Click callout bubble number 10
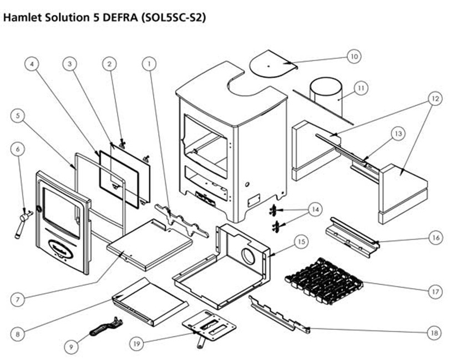point(354,57)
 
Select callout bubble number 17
point(434,290)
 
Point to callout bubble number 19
point(136,343)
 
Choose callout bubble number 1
point(148,64)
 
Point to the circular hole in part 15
point(248,256)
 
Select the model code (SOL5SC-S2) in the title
point(174,17)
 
